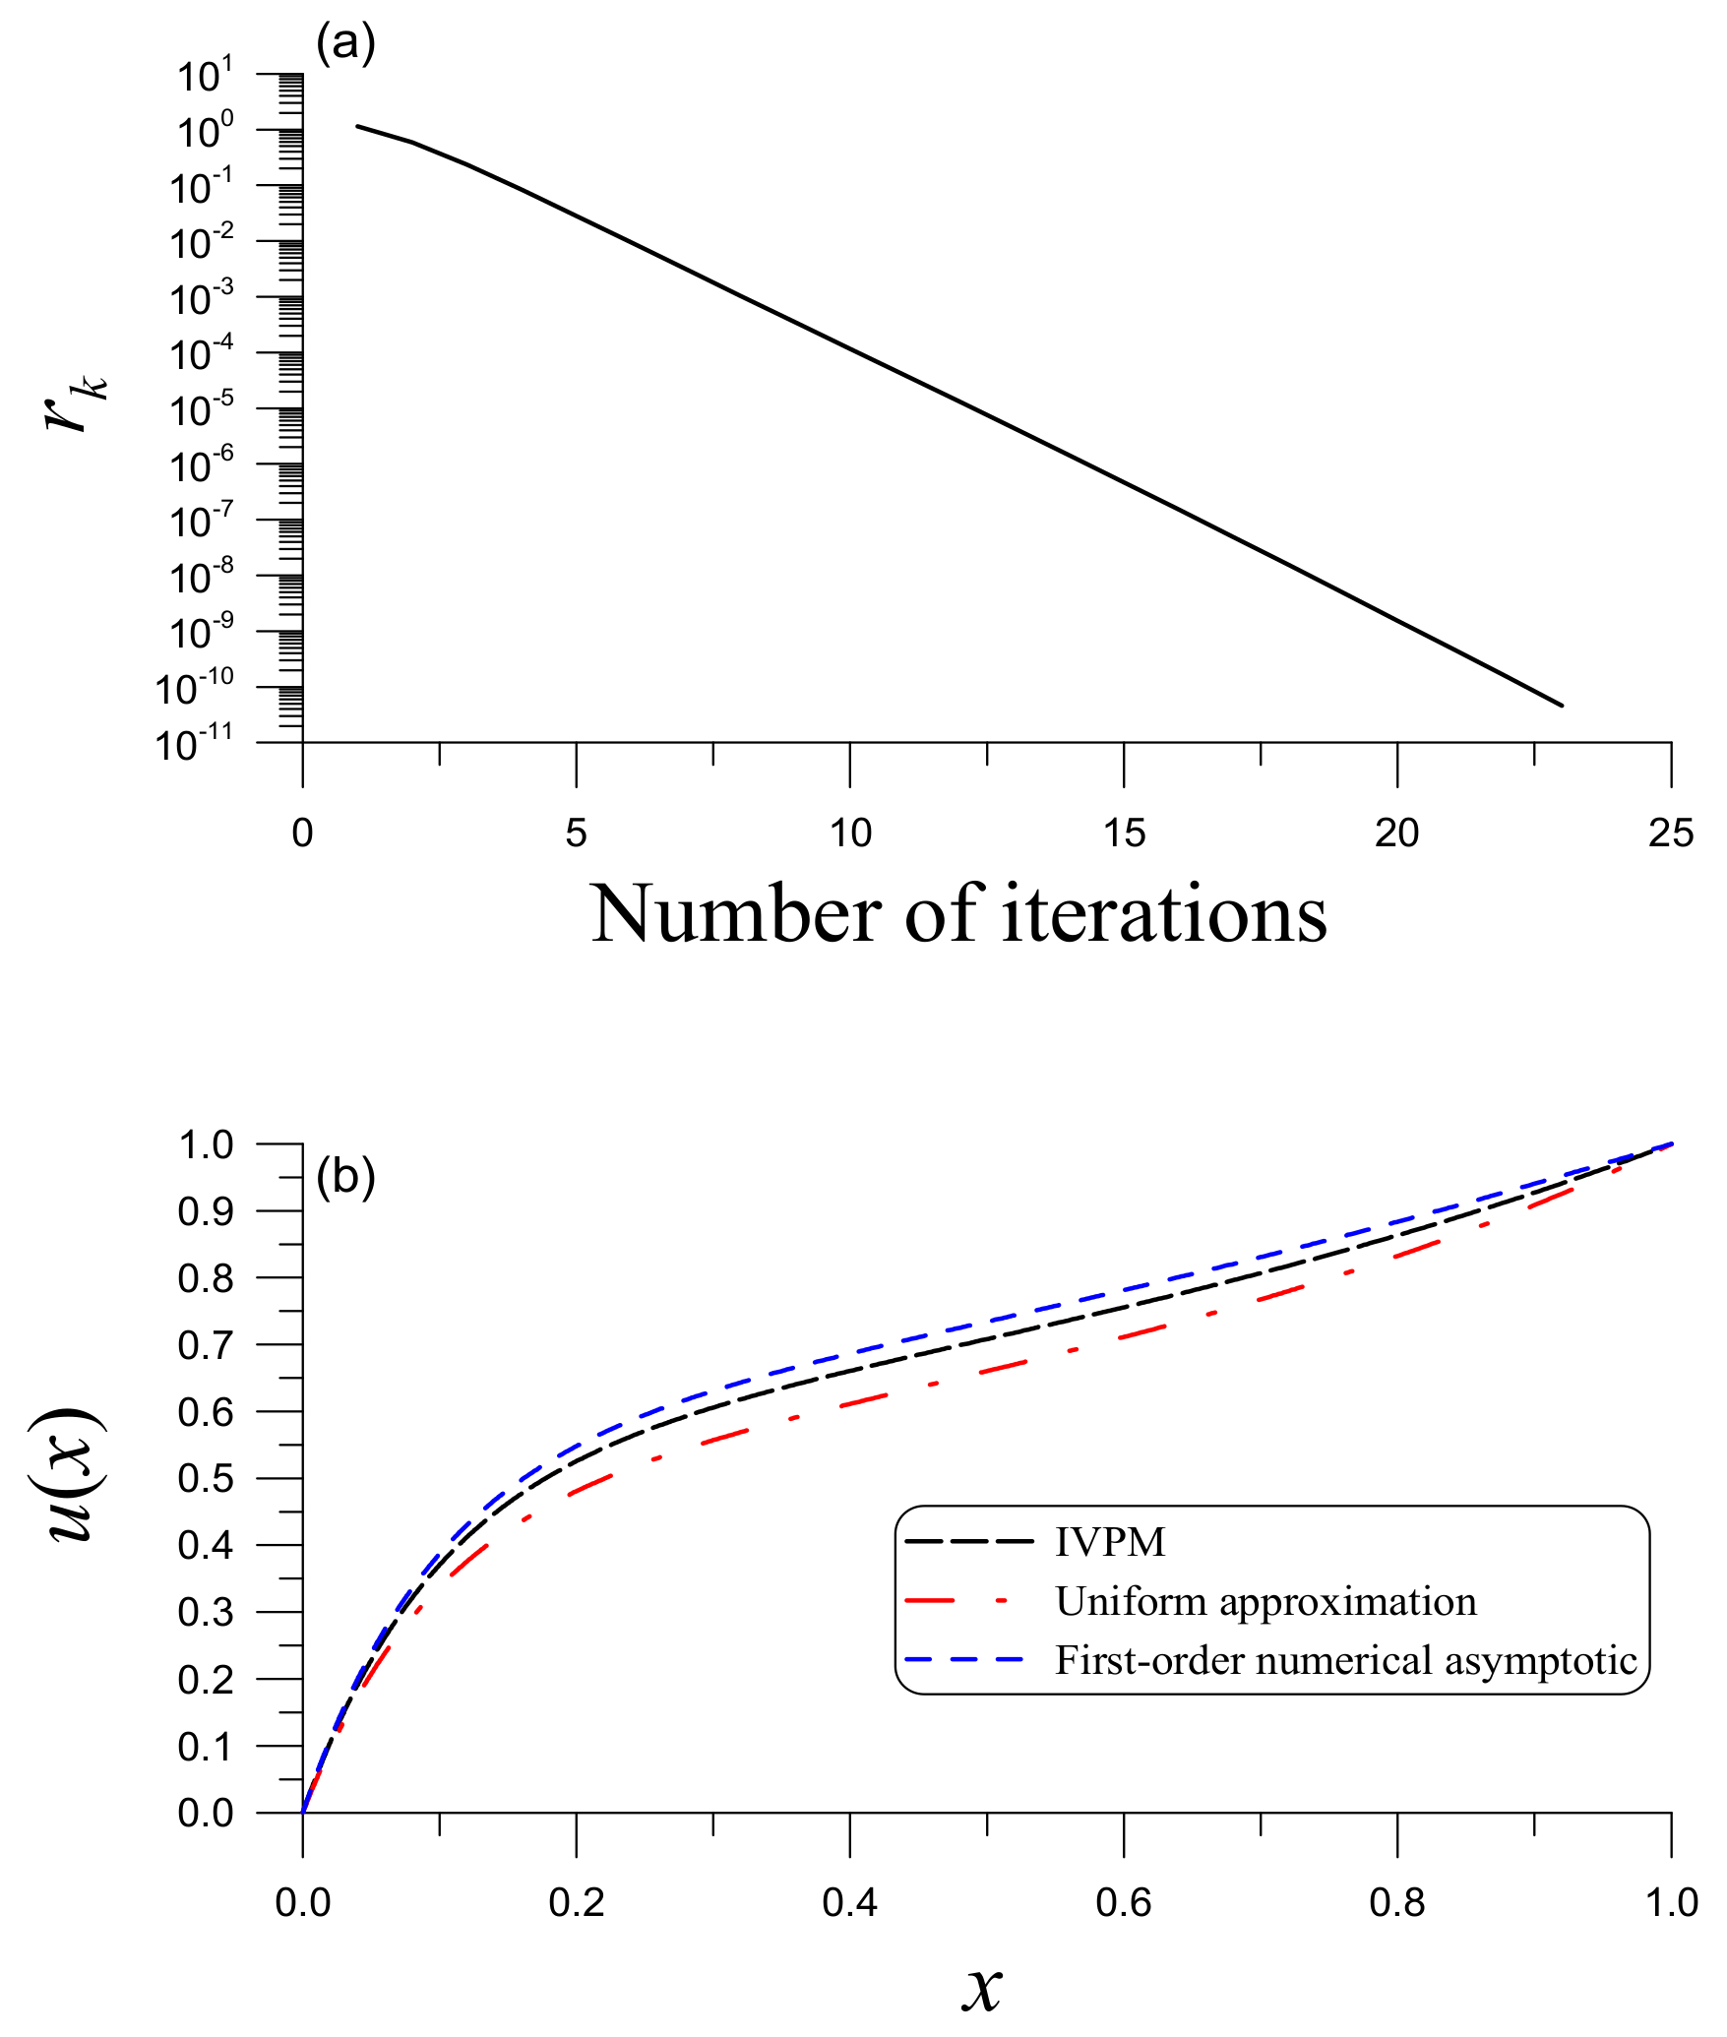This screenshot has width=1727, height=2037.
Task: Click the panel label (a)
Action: point(345,44)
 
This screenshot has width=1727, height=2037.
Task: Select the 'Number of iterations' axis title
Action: point(958,913)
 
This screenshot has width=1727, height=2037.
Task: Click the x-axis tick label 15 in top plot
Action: point(1124,833)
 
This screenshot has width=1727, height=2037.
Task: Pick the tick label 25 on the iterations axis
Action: point(1671,833)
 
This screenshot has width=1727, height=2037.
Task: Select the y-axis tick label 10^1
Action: point(205,76)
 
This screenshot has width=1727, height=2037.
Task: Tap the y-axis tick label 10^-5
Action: point(201,410)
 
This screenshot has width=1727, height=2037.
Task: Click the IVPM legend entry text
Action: point(1110,1542)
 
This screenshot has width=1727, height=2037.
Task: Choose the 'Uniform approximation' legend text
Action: point(1265,1602)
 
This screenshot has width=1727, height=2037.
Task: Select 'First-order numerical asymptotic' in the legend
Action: point(1345,1661)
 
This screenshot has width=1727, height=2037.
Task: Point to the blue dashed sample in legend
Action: point(964,1660)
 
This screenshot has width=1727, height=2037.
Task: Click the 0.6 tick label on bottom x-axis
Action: point(1123,1904)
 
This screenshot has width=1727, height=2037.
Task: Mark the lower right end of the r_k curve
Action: point(1562,705)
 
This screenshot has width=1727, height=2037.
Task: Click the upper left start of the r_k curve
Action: point(357,126)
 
